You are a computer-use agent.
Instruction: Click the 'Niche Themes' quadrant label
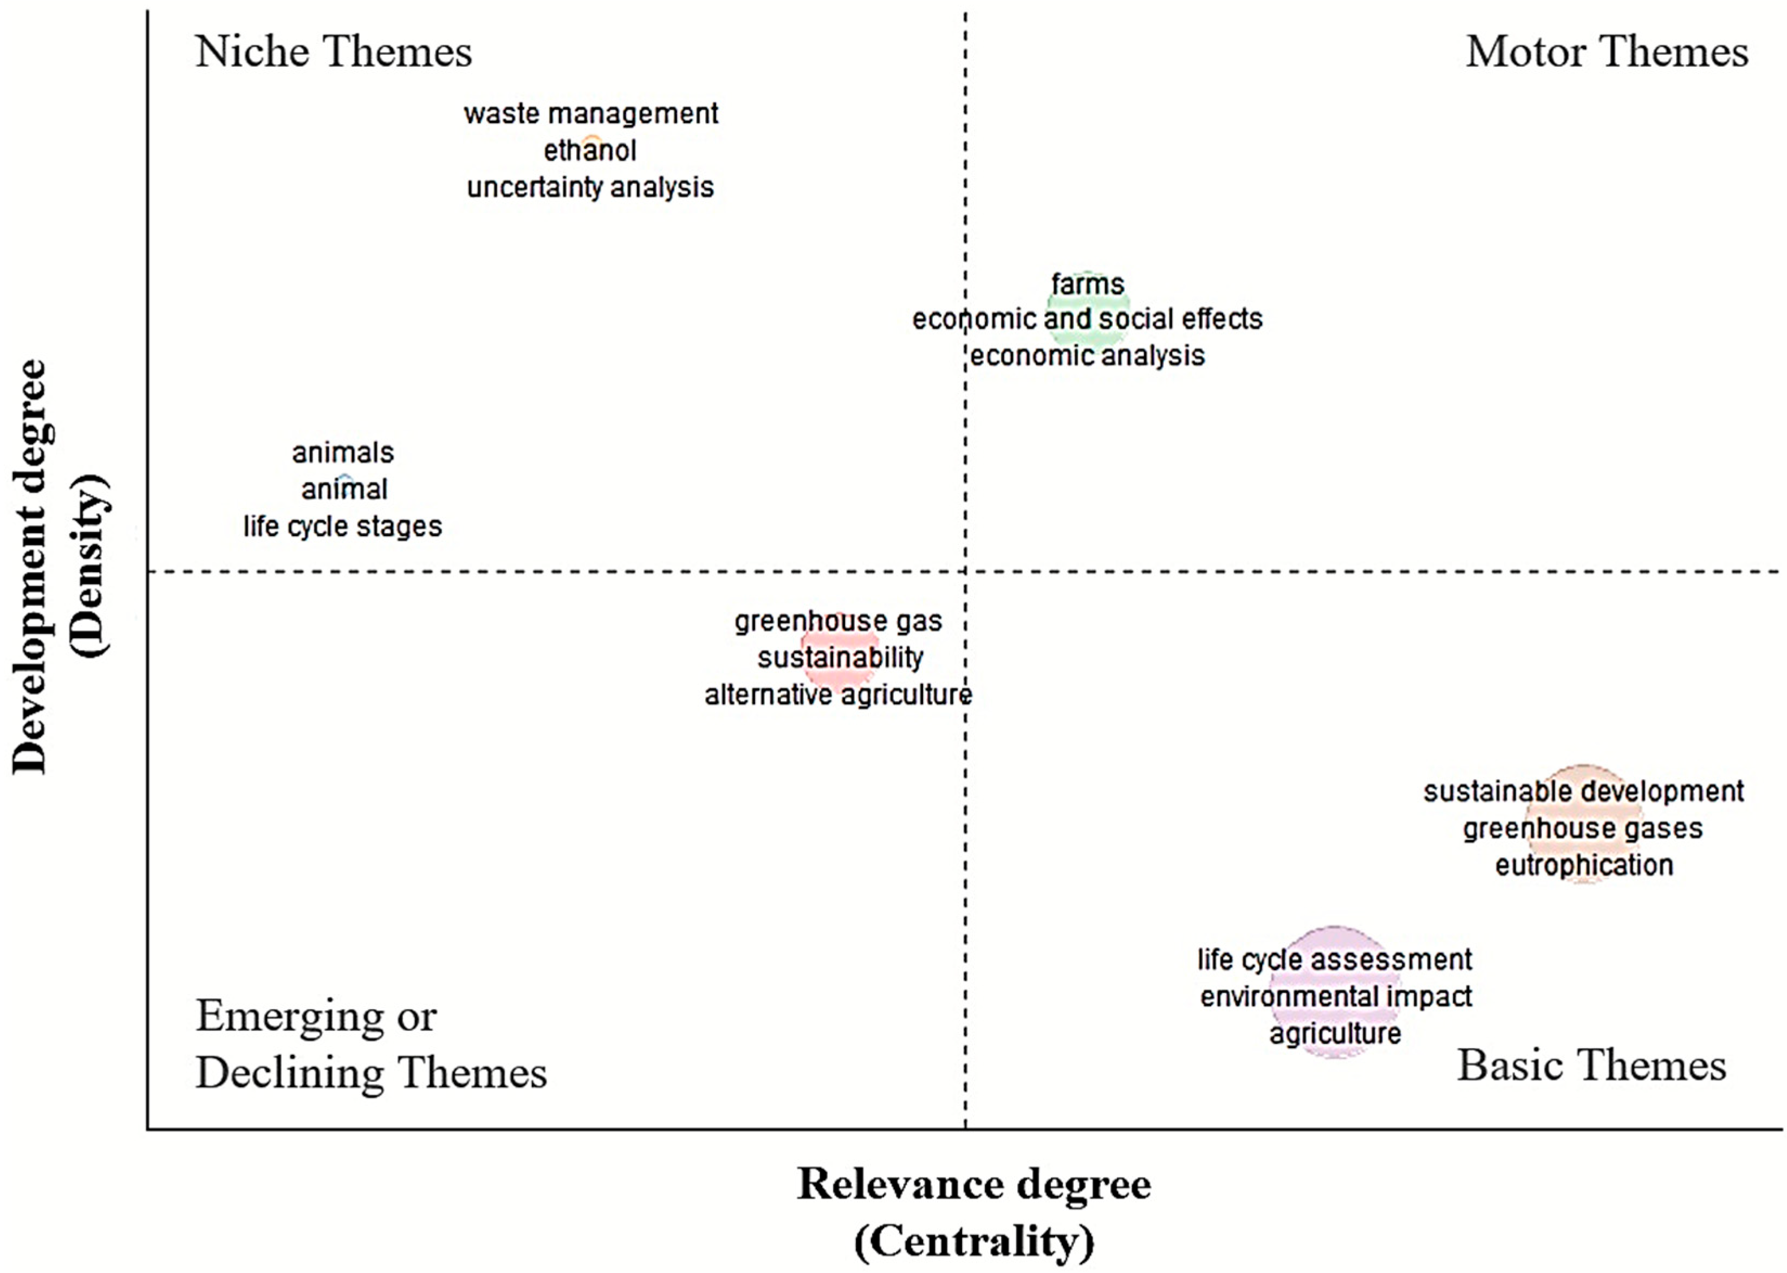pos(333,52)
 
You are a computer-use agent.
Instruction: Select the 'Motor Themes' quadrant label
pos(1607,52)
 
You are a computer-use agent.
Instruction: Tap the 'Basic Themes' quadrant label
pos(1591,1066)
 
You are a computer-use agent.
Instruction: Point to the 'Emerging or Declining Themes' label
pos(370,1043)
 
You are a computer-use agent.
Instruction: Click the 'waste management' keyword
pos(590,114)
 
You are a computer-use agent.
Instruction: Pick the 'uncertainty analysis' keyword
pos(590,187)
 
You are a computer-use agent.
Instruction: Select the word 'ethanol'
pos(590,151)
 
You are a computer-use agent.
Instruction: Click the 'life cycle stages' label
pos(342,526)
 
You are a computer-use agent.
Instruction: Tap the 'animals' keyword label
pos(342,452)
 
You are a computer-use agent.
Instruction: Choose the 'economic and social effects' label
pos(1087,319)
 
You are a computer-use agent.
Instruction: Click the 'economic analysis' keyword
pos(1087,356)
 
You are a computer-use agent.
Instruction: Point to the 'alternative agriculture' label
pos(838,694)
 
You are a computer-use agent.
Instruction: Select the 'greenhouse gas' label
pos(838,621)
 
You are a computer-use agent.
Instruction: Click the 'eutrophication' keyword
pos(1584,866)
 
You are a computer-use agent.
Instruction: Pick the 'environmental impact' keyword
pos(1336,996)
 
